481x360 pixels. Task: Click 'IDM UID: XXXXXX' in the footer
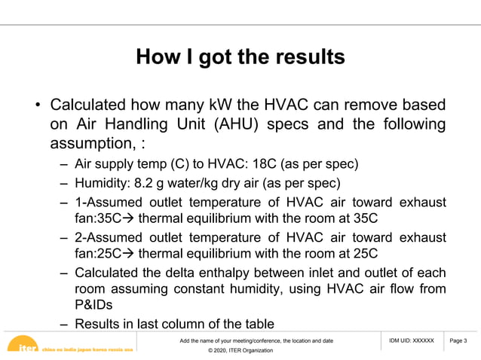coord(412,341)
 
